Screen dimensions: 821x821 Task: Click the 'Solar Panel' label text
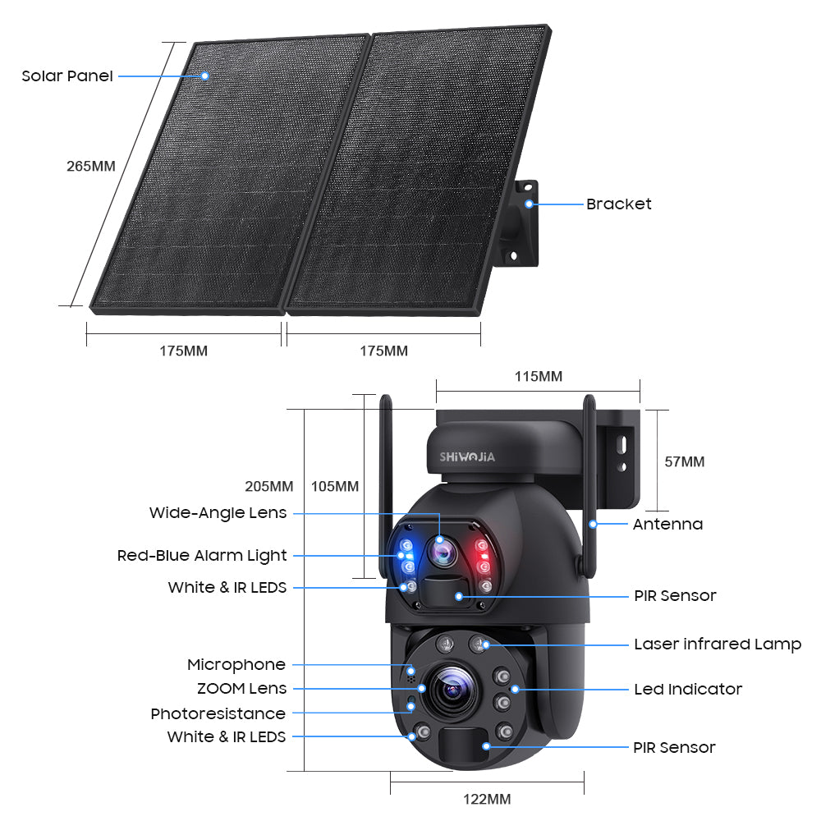[x=67, y=76]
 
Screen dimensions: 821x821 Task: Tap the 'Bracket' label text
[x=618, y=204]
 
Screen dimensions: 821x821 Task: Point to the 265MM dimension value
[x=90, y=166]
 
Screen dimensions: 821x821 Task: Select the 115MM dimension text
[x=539, y=377]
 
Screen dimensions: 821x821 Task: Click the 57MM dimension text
[x=685, y=461]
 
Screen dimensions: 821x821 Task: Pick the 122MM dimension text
[x=487, y=799]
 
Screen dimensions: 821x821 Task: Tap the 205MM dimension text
[x=269, y=486]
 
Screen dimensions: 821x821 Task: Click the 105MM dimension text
[x=335, y=486]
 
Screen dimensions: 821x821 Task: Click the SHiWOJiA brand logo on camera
[x=467, y=457]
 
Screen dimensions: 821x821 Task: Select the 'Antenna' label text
[x=667, y=524]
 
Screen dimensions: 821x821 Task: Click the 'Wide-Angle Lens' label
[x=218, y=512]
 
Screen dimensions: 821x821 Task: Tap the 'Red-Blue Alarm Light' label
[x=202, y=556]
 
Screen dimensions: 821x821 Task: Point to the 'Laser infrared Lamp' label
[x=718, y=644]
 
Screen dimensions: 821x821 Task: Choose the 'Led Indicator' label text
[x=688, y=689]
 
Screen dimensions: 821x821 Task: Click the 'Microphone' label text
[x=236, y=664]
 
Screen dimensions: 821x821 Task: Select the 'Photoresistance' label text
[x=218, y=713]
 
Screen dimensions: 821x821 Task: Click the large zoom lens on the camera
[x=452, y=690]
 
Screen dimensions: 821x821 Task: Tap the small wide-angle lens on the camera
[x=443, y=551]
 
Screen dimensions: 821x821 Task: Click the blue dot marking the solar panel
[x=204, y=76]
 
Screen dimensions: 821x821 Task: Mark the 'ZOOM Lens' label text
[x=242, y=689]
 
